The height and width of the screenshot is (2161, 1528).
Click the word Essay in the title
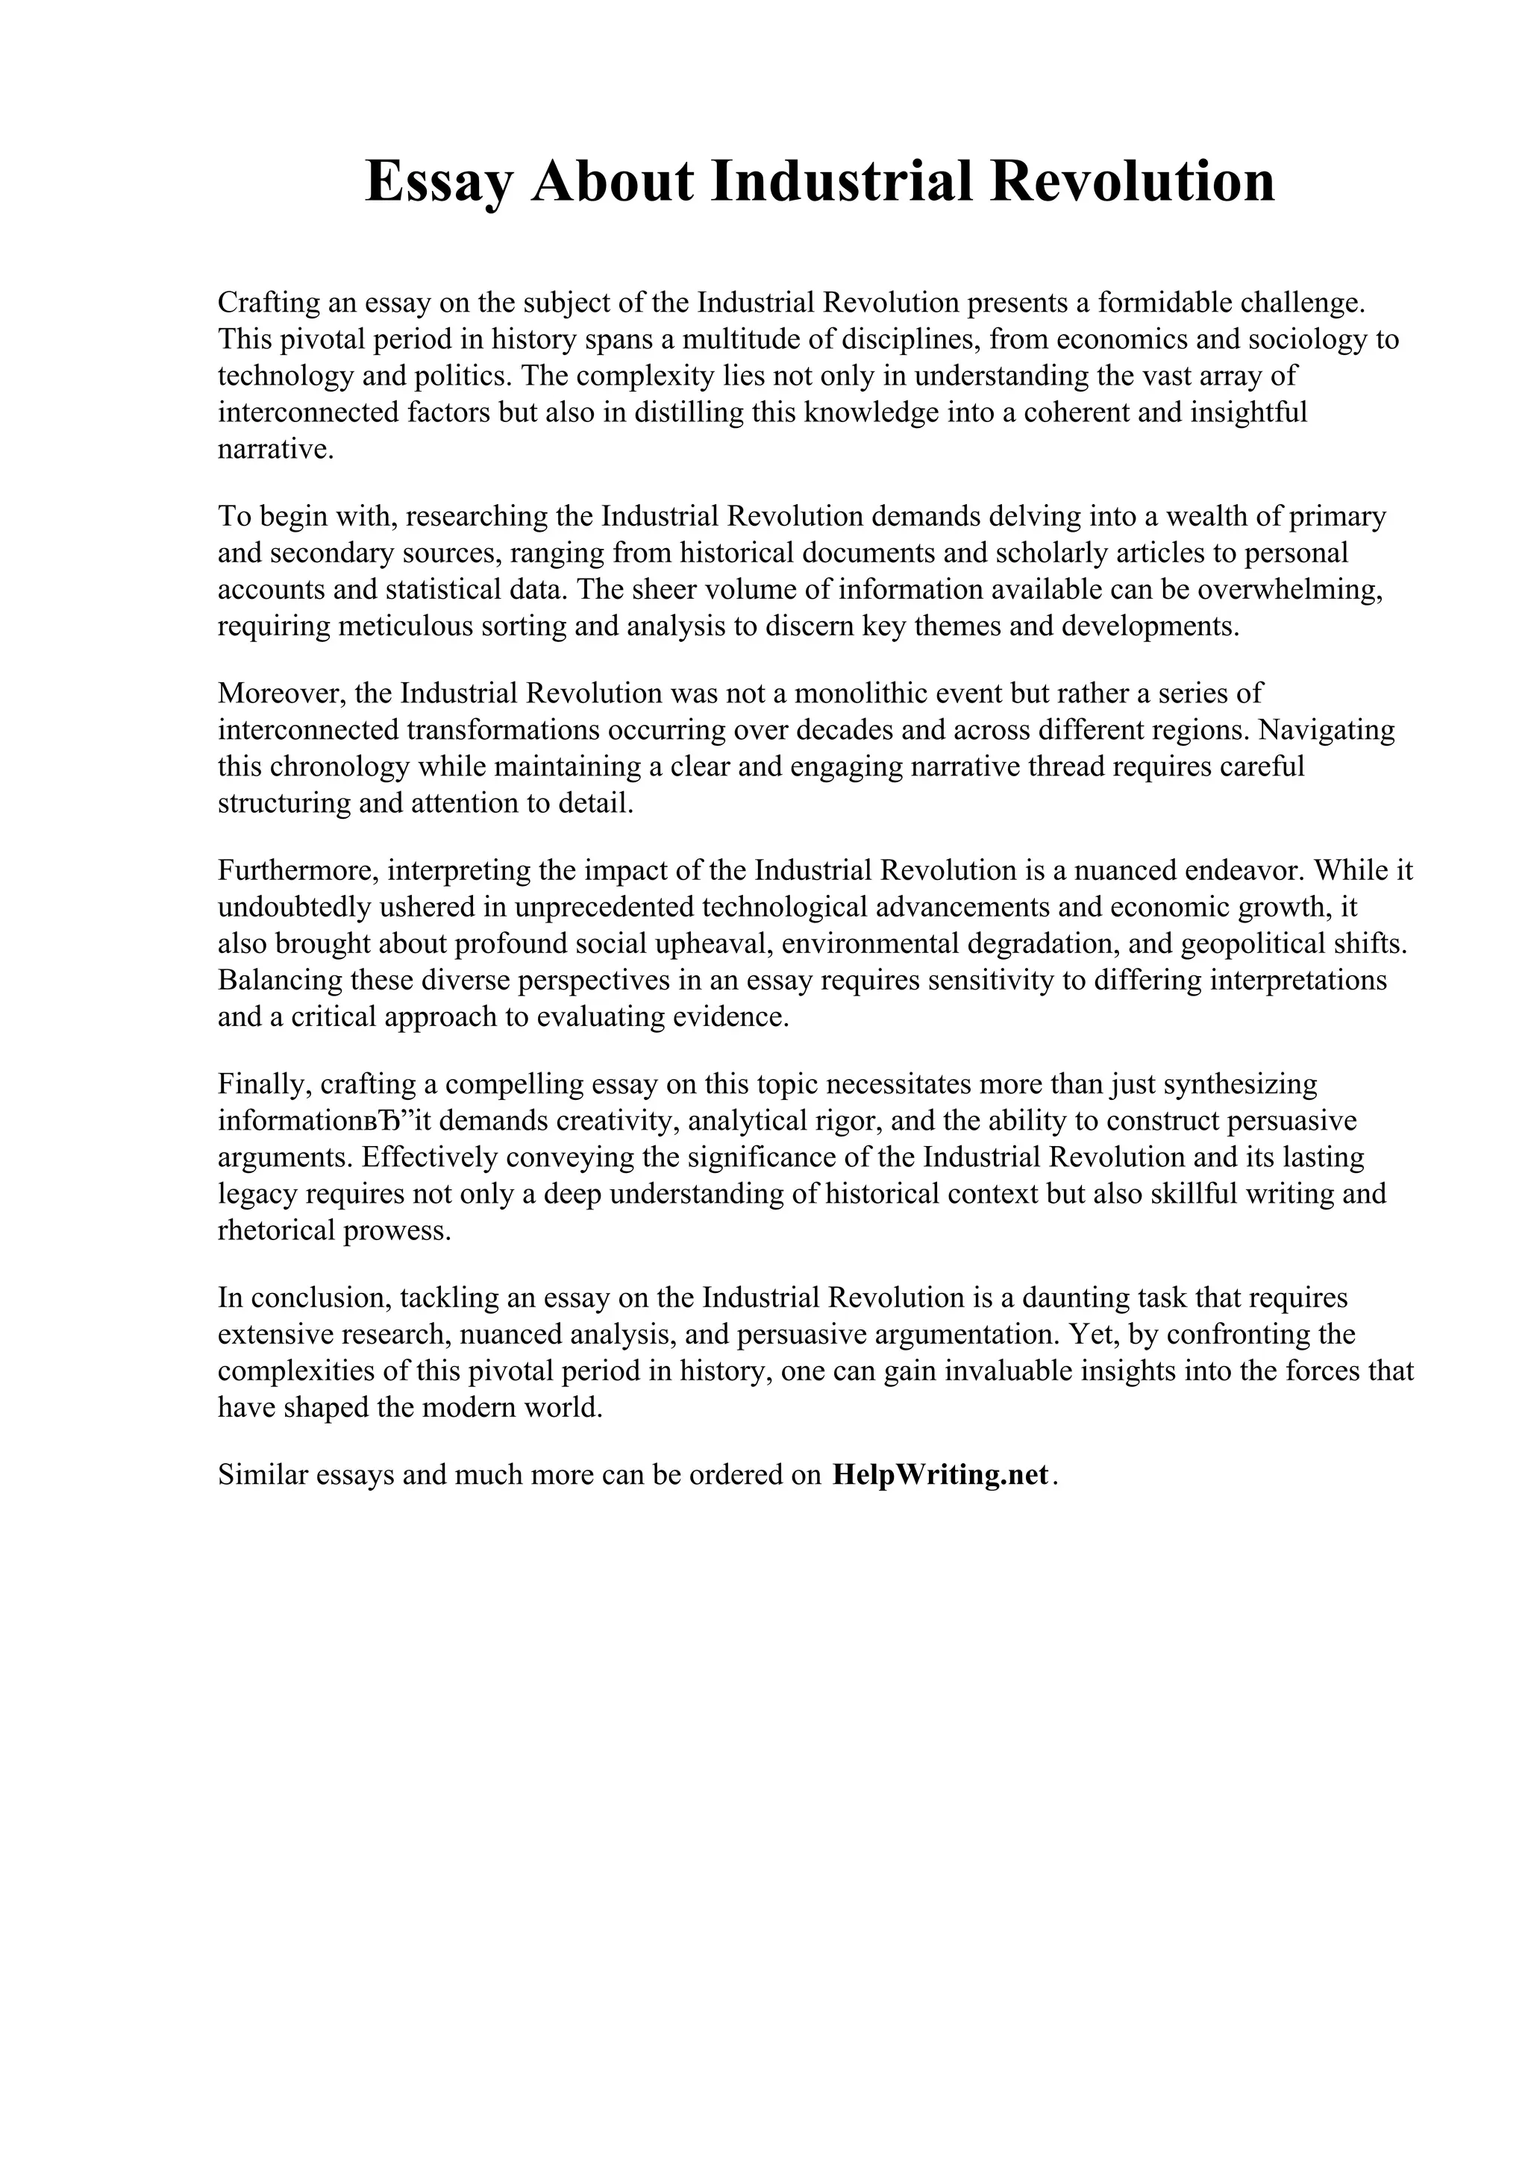pos(438,182)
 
